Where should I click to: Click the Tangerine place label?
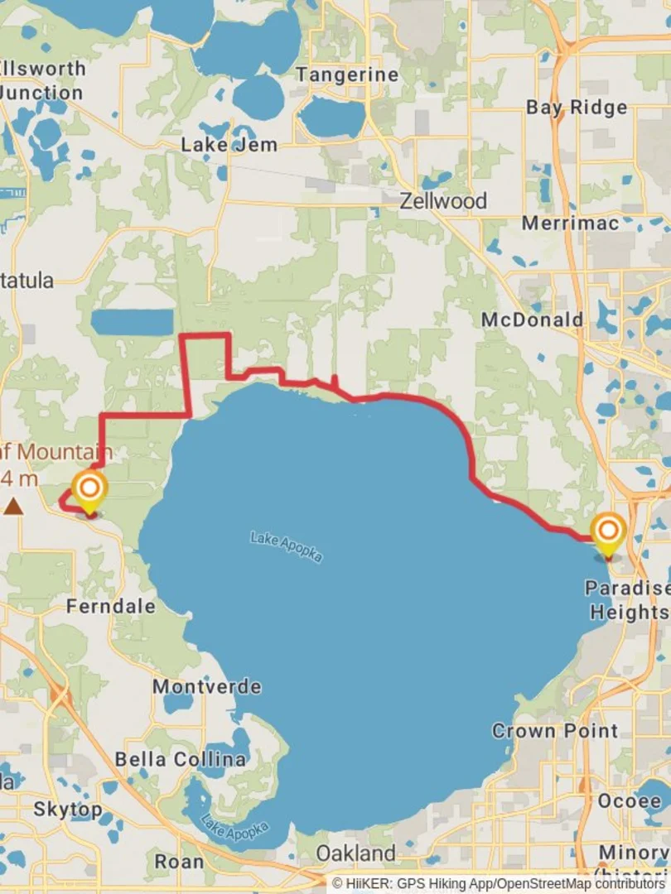click(348, 74)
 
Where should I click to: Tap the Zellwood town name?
click(443, 201)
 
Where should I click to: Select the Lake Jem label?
click(229, 145)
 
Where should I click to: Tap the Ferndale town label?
click(110, 607)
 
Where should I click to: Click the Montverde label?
click(206, 687)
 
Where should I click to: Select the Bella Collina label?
click(180, 759)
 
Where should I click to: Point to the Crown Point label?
click(555, 731)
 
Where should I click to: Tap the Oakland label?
click(356, 853)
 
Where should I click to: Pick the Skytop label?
click(68, 809)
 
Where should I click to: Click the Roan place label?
click(179, 862)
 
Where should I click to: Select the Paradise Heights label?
click(627, 600)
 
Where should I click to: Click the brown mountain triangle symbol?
click(13, 506)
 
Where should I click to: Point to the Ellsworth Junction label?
click(41, 80)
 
